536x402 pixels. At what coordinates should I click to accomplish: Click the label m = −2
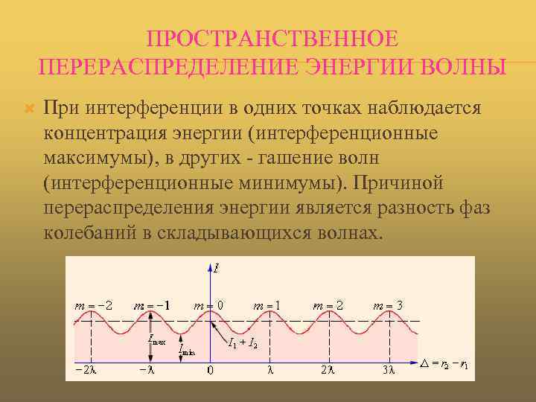point(94,305)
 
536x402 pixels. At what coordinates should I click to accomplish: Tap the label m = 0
point(208,305)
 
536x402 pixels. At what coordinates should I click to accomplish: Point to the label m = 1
point(268,305)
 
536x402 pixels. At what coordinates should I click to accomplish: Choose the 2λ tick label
point(327,369)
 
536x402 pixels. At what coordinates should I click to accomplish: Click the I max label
point(157,340)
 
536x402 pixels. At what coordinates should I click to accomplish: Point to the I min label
point(187,348)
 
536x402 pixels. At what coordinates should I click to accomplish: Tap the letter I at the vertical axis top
point(216,267)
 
